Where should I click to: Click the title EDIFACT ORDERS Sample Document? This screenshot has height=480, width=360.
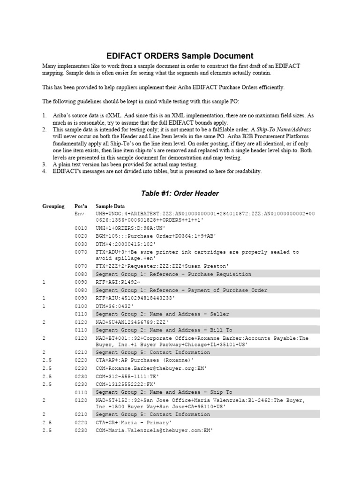tap(180, 55)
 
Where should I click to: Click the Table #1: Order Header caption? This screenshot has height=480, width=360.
tap(180, 193)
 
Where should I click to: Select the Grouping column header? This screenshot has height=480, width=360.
tap(53, 206)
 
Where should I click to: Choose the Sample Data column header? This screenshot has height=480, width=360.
tap(110, 206)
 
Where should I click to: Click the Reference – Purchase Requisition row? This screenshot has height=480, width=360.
tap(173, 274)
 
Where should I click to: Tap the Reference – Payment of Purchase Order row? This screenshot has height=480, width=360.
tap(181, 290)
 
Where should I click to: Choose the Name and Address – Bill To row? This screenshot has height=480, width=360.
tap(164, 330)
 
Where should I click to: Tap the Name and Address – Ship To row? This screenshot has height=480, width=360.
tap(164, 392)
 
